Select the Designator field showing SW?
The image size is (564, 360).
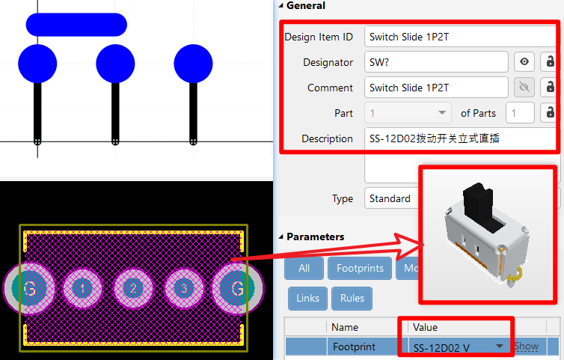click(436, 62)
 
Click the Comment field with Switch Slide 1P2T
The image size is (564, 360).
click(436, 88)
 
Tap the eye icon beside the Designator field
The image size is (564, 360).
click(524, 62)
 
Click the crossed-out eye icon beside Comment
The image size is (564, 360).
click(524, 88)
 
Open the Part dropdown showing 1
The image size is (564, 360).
click(408, 113)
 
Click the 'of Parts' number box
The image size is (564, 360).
click(520, 113)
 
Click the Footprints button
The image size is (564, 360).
click(361, 268)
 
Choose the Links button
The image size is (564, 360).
click(307, 298)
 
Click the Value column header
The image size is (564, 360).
click(426, 327)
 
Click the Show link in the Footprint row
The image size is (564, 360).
click(527, 347)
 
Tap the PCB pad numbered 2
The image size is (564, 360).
click(133, 288)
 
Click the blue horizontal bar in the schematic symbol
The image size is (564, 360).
click(76, 25)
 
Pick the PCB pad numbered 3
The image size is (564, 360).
click(185, 288)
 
